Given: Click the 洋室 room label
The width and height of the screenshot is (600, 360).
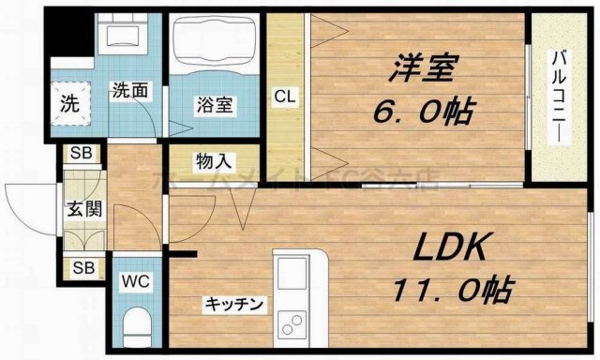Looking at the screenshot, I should [x=410, y=70].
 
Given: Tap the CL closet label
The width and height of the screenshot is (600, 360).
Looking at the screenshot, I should [x=285, y=95].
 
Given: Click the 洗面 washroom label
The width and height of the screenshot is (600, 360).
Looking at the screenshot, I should [x=128, y=91].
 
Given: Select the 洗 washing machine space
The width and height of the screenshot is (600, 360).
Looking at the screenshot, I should [x=70, y=100].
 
